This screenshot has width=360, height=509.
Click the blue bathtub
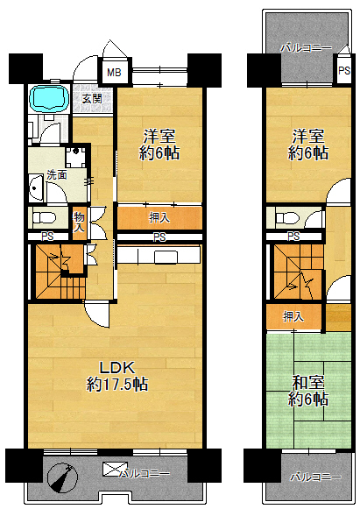click(x=49, y=98)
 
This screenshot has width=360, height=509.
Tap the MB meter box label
click(x=114, y=72)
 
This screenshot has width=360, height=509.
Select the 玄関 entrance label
click(x=92, y=99)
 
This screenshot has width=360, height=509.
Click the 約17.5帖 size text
click(x=117, y=385)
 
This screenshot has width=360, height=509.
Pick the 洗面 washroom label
click(x=57, y=175)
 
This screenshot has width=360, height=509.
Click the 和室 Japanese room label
click(x=308, y=383)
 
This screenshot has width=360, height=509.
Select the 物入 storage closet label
click(x=79, y=223)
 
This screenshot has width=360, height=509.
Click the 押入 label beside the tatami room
click(x=293, y=316)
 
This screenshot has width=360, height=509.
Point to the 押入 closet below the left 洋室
click(x=159, y=218)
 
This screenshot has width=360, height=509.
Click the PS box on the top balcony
click(x=343, y=70)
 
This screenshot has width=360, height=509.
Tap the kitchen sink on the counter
click(x=166, y=257)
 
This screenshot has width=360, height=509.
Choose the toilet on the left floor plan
click(x=43, y=217)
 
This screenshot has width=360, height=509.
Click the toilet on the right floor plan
click(x=287, y=217)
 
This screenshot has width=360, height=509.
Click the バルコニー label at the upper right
click(x=306, y=48)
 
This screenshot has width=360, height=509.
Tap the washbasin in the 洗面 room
click(x=36, y=188)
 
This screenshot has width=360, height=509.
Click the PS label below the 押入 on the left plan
click(x=159, y=237)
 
